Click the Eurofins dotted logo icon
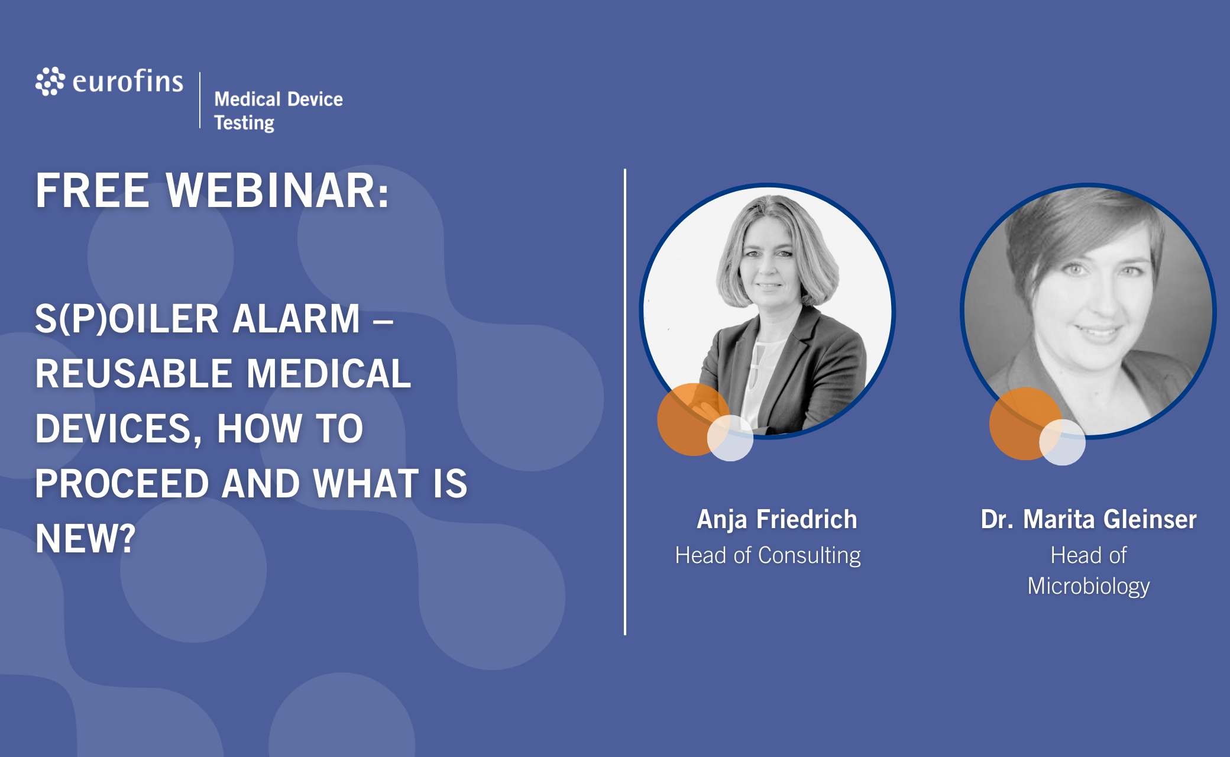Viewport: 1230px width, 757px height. click(50, 81)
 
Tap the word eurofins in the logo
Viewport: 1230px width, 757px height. click(128, 81)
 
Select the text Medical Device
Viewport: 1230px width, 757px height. click(279, 99)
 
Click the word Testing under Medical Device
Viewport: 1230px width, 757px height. click(244, 123)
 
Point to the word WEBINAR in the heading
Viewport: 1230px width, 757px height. click(277, 190)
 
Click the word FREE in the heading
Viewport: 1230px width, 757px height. click(92, 190)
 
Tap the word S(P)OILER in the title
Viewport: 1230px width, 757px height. click(127, 319)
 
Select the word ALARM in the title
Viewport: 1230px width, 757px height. click(296, 319)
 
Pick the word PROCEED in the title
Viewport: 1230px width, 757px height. click(122, 484)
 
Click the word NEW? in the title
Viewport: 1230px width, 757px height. click(86, 538)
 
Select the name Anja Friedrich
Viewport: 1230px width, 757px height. click(777, 519)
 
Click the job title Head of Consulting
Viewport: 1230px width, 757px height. click(768, 555)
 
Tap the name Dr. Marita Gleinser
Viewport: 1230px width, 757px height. click(1089, 519)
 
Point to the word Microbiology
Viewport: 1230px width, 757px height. click(1089, 586)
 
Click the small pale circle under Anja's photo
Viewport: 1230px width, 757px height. click(730, 438)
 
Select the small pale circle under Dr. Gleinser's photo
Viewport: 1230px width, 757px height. click(1063, 442)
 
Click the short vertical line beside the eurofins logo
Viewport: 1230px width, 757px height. click(200, 100)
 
